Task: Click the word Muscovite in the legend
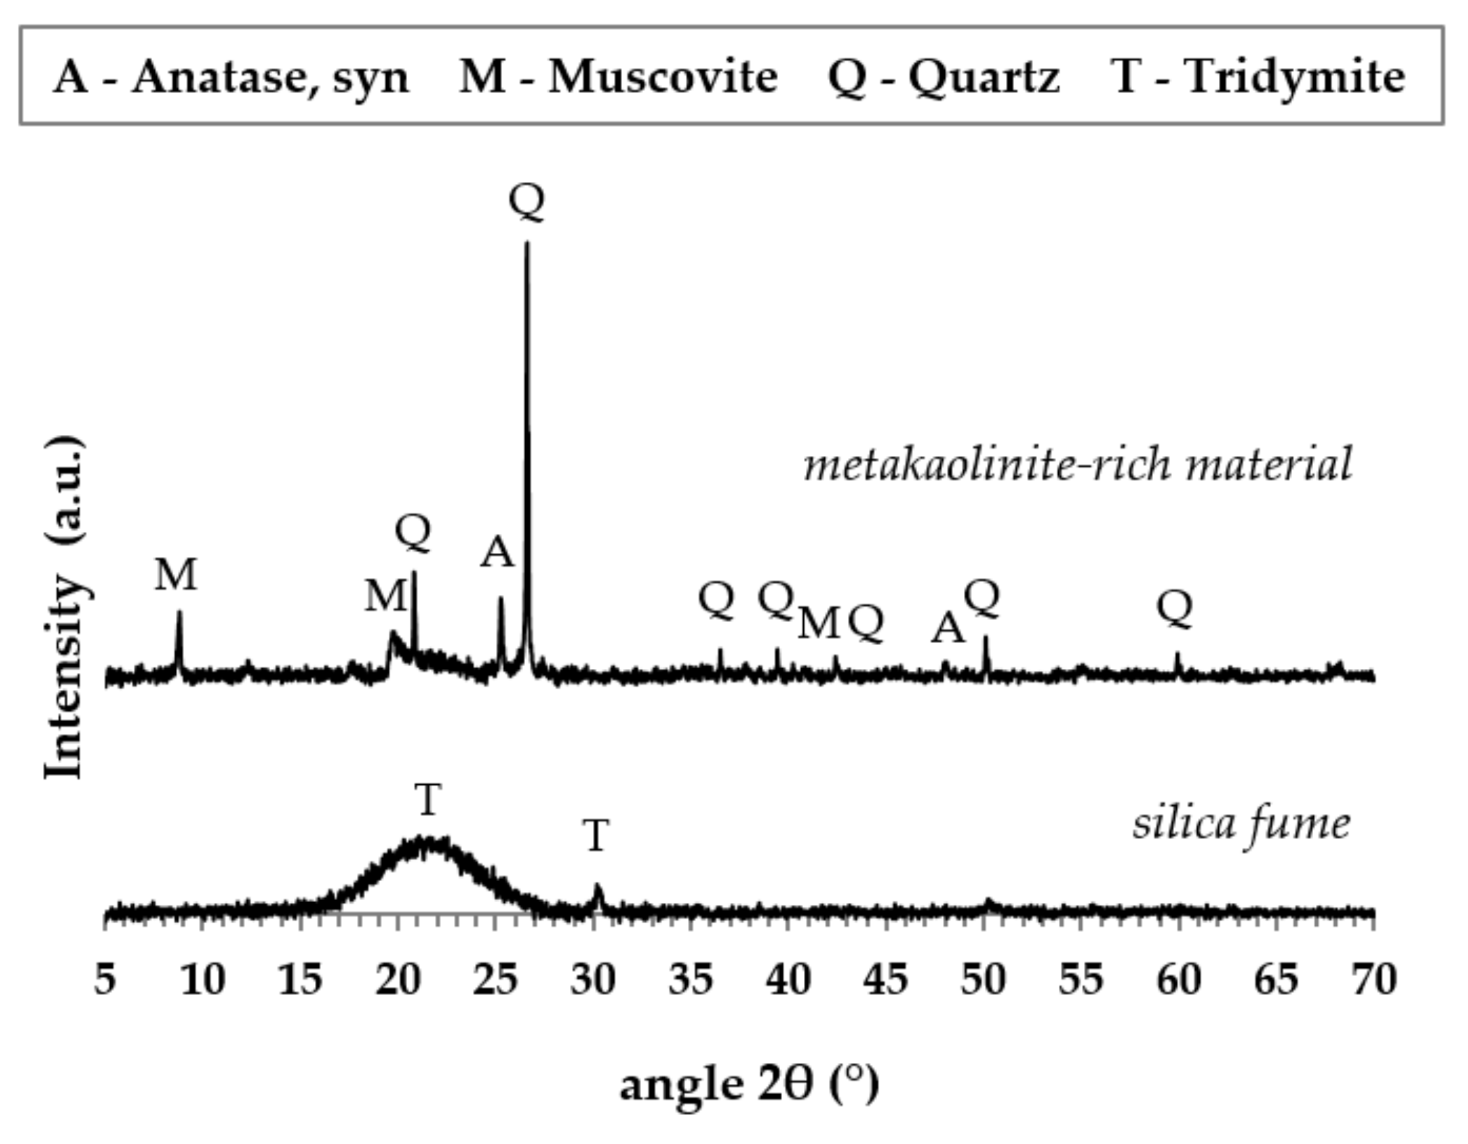[x=662, y=77]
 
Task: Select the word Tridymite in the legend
[x=1294, y=77]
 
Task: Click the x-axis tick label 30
[x=593, y=981]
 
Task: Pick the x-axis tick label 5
[x=105, y=981]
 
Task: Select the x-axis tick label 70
[x=1374, y=981]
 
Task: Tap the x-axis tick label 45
[x=886, y=981]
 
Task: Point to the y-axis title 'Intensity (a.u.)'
[x=65, y=608]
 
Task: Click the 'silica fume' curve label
[x=1241, y=824]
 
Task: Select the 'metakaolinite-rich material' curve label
[x=1077, y=465]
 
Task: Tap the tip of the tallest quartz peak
[x=527, y=243]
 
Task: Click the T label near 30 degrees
[x=596, y=836]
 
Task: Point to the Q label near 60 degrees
[x=1174, y=608]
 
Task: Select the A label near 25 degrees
[x=497, y=553]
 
